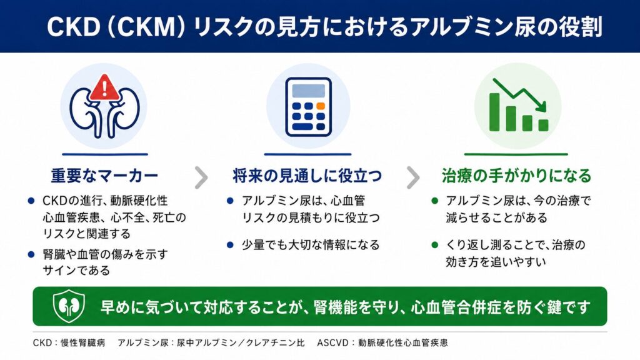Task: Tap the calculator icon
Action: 308,106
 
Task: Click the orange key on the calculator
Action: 321,106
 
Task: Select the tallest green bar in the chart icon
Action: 494,112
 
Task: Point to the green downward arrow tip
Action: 544,109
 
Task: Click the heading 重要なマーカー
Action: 104,176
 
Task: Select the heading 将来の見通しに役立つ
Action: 307,176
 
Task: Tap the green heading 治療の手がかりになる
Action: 516,176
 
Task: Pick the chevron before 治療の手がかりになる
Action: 413,177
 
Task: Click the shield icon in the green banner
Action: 69,306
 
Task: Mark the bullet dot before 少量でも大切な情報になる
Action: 230,245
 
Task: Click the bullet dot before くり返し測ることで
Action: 435,245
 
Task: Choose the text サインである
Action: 76,270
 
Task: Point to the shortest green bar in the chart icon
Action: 543,125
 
